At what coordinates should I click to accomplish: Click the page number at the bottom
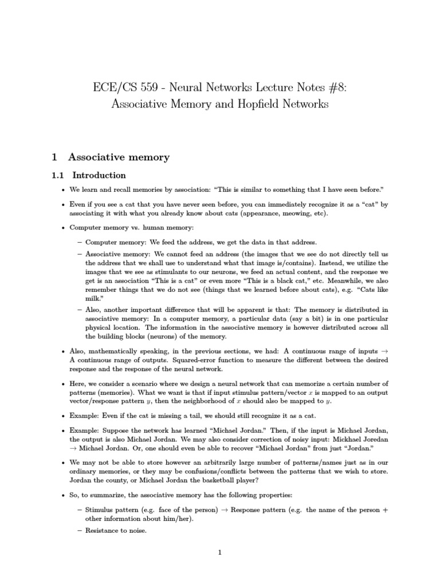[219, 552]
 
